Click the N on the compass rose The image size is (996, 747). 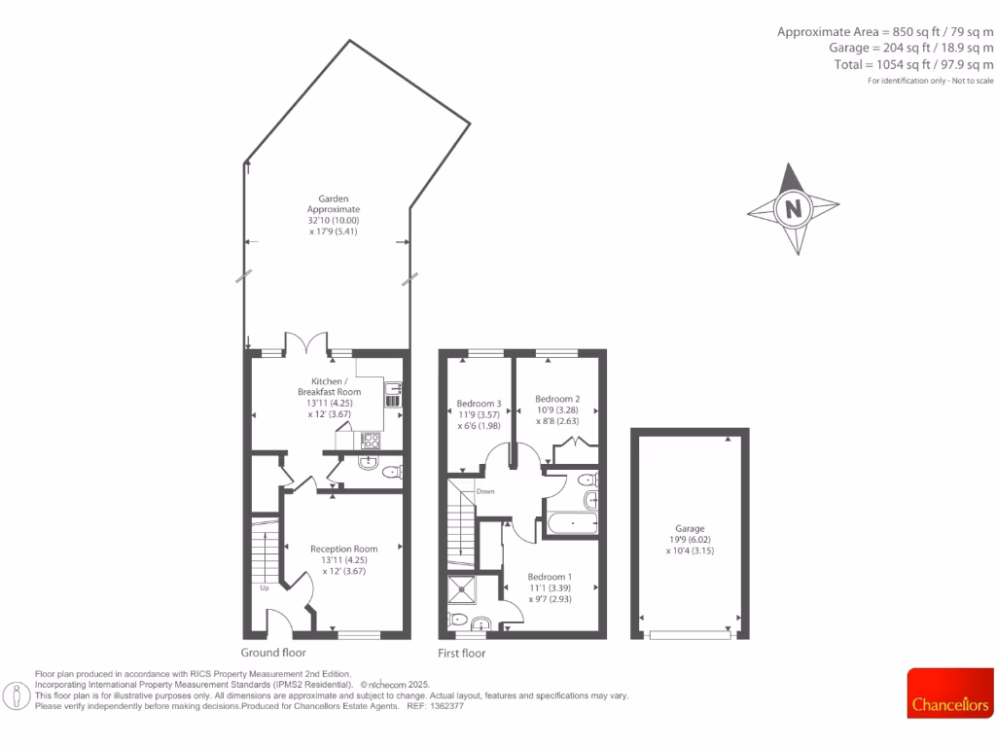[x=794, y=208]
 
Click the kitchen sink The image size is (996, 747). [x=393, y=395]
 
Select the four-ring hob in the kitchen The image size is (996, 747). [x=371, y=440]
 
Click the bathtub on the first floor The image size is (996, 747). [x=573, y=525]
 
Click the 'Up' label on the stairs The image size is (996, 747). [x=264, y=587]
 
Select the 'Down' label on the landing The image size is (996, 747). [x=485, y=491]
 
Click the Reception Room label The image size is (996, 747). [x=343, y=549]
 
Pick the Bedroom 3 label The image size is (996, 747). [x=480, y=404]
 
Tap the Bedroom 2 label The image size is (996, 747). [x=557, y=399]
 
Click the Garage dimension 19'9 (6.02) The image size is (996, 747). [x=690, y=540]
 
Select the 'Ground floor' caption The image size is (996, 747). [x=273, y=653]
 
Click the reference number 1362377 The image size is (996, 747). [x=446, y=706]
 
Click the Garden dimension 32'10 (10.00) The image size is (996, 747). [x=334, y=220]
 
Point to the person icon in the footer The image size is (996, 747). [x=16, y=694]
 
